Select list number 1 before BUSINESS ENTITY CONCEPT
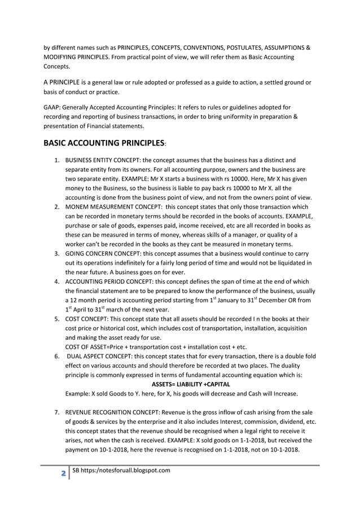point(57,160)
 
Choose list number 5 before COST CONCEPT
point(57,319)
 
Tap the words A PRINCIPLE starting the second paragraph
point(65,83)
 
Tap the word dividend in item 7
point(290,422)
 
